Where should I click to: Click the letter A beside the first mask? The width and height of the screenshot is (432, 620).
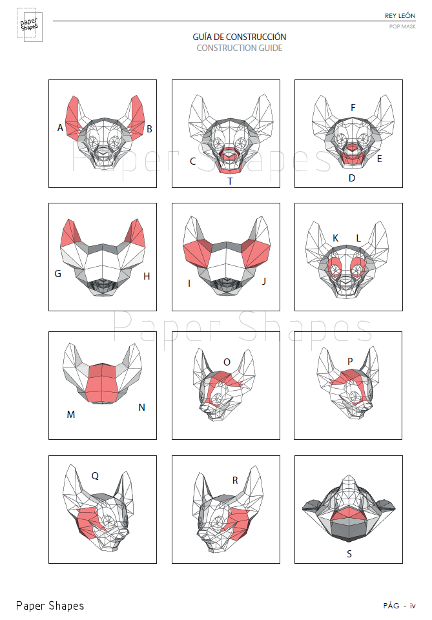pos(60,128)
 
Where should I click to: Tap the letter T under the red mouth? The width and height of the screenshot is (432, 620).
pos(230,181)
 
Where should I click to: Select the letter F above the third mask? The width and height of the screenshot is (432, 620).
pos(353,107)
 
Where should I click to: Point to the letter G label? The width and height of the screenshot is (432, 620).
pos(57,274)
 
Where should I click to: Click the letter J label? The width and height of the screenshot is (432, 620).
pos(263,282)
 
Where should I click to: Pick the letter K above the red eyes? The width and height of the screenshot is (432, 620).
pos(335,238)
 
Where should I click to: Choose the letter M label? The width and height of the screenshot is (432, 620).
pos(70,414)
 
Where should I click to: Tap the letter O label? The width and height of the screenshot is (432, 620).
pos(227,362)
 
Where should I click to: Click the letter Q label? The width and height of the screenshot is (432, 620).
pos(95,476)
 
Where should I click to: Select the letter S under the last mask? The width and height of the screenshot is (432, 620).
pos(349,553)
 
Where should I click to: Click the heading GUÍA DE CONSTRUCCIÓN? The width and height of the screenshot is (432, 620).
pos(240,37)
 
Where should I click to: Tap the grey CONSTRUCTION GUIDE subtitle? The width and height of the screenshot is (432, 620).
pos(240,48)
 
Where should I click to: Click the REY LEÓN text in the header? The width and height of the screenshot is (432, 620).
pos(400,15)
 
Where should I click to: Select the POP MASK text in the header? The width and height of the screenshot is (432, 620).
pos(402,26)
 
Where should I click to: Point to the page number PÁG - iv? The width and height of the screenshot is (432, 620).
pos(399,606)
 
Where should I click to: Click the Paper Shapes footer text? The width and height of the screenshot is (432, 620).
pos(50,605)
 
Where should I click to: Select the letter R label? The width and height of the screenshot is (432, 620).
pos(235,480)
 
